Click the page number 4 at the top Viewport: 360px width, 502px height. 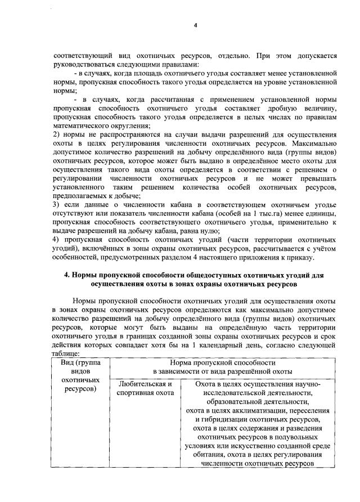coord(195,25)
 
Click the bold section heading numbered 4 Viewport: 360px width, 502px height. coord(195,280)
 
